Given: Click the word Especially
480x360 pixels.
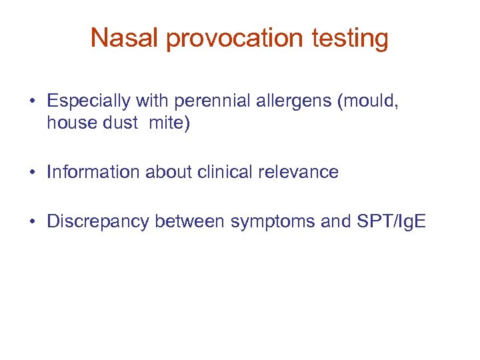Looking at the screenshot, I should tap(89, 101).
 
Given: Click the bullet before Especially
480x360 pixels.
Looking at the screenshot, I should tap(33, 102).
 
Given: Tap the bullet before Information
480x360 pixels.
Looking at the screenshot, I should tap(33, 173).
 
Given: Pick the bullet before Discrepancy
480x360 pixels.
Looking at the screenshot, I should tap(33, 221).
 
